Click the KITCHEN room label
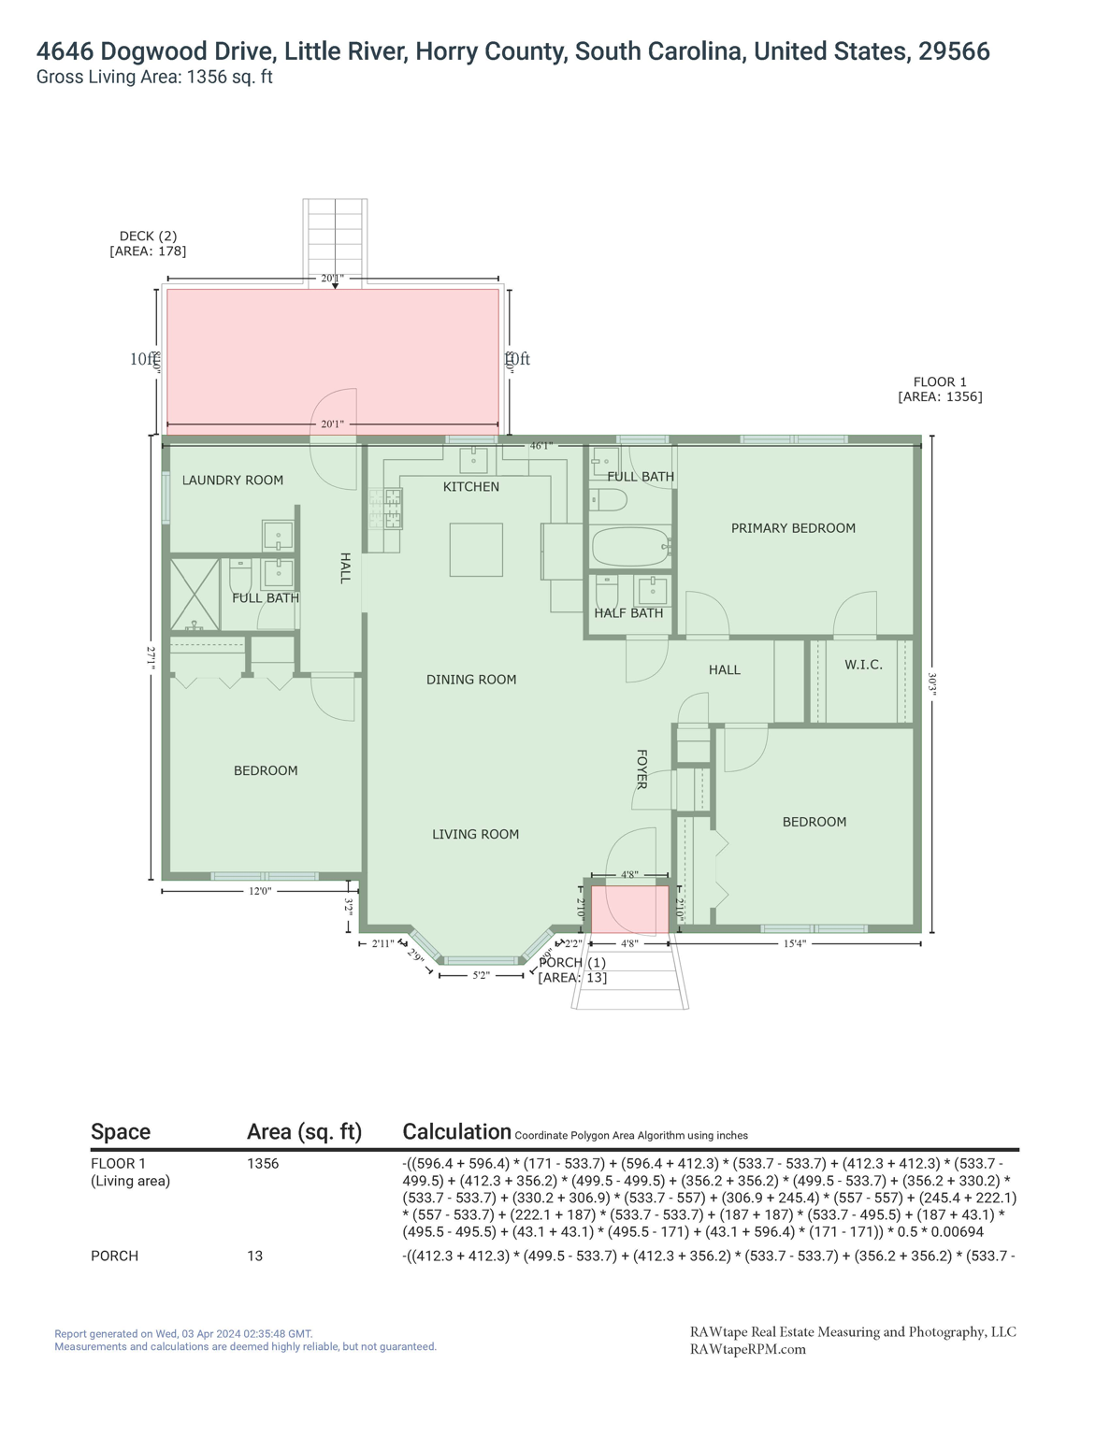pyautogui.click(x=470, y=487)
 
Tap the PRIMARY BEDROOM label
pyautogui.click(x=793, y=528)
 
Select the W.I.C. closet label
pyautogui.click(x=863, y=665)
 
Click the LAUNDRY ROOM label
pyautogui.click(x=232, y=481)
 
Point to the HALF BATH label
pyautogui.click(x=628, y=613)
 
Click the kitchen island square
pyautogui.click(x=476, y=550)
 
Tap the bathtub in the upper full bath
pyautogui.click(x=631, y=547)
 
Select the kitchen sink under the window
pyautogui.click(x=473, y=461)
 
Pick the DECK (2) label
pyautogui.click(x=148, y=237)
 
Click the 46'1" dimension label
pyautogui.click(x=541, y=446)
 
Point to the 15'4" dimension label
pyautogui.click(x=794, y=944)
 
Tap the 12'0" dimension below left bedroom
pyautogui.click(x=260, y=892)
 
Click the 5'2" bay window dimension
pyautogui.click(x=481, y=976)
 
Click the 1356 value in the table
pyautogui.click(x=263, y=1164)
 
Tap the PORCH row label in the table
pyautogui.click(x=114, y=1256)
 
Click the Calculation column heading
pyautogui.click(x=456, y=1132)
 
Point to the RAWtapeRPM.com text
pyautogui.click(x=747, y=1350)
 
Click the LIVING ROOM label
pyautogui.click(x=475, y=835)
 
